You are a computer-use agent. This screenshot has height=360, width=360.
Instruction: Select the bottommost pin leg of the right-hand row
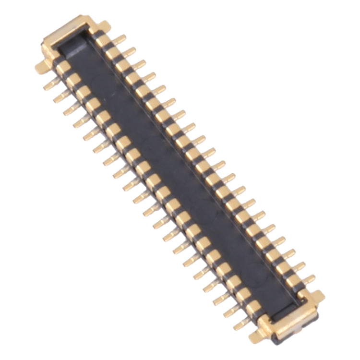(308, 279)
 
